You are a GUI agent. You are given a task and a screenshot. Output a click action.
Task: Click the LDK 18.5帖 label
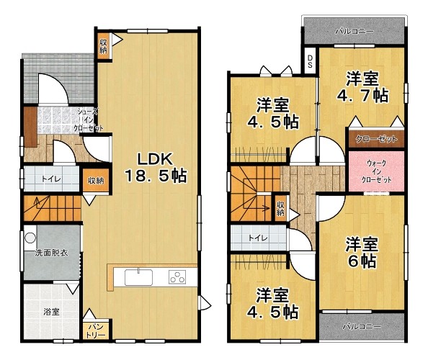(156, 168)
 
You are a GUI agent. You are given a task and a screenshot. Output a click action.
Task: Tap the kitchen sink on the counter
(138, 277)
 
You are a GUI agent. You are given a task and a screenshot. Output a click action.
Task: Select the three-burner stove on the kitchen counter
(177, 277)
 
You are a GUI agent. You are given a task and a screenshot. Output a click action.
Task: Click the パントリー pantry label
(96, 330)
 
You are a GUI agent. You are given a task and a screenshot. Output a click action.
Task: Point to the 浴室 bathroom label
(52, 312)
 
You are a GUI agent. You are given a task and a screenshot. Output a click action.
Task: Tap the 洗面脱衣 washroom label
(51, 253)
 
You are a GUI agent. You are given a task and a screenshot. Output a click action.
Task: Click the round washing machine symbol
(30, 238)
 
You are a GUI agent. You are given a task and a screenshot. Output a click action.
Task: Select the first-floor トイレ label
(51, 179)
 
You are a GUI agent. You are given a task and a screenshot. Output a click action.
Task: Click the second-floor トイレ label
(258, 238)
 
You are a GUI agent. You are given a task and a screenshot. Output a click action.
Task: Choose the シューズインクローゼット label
(89, 120)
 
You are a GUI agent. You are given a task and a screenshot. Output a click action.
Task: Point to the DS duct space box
(310, 60)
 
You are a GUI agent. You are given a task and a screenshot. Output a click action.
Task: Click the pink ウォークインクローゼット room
(376, 171)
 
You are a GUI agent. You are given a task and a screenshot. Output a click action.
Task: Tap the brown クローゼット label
(376, 139)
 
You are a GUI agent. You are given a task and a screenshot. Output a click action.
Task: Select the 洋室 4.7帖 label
(362, 87)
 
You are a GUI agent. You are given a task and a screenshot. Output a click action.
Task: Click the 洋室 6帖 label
(362, 253)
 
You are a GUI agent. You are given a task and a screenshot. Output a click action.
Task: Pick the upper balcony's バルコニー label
(355, 32)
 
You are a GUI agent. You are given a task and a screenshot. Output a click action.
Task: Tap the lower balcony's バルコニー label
(362, 326)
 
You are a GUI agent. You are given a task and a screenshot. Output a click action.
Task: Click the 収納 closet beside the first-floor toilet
(96, 180)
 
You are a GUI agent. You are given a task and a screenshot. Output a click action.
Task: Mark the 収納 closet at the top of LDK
(104, 46)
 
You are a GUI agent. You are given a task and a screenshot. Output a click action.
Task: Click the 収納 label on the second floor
(280, 209)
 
